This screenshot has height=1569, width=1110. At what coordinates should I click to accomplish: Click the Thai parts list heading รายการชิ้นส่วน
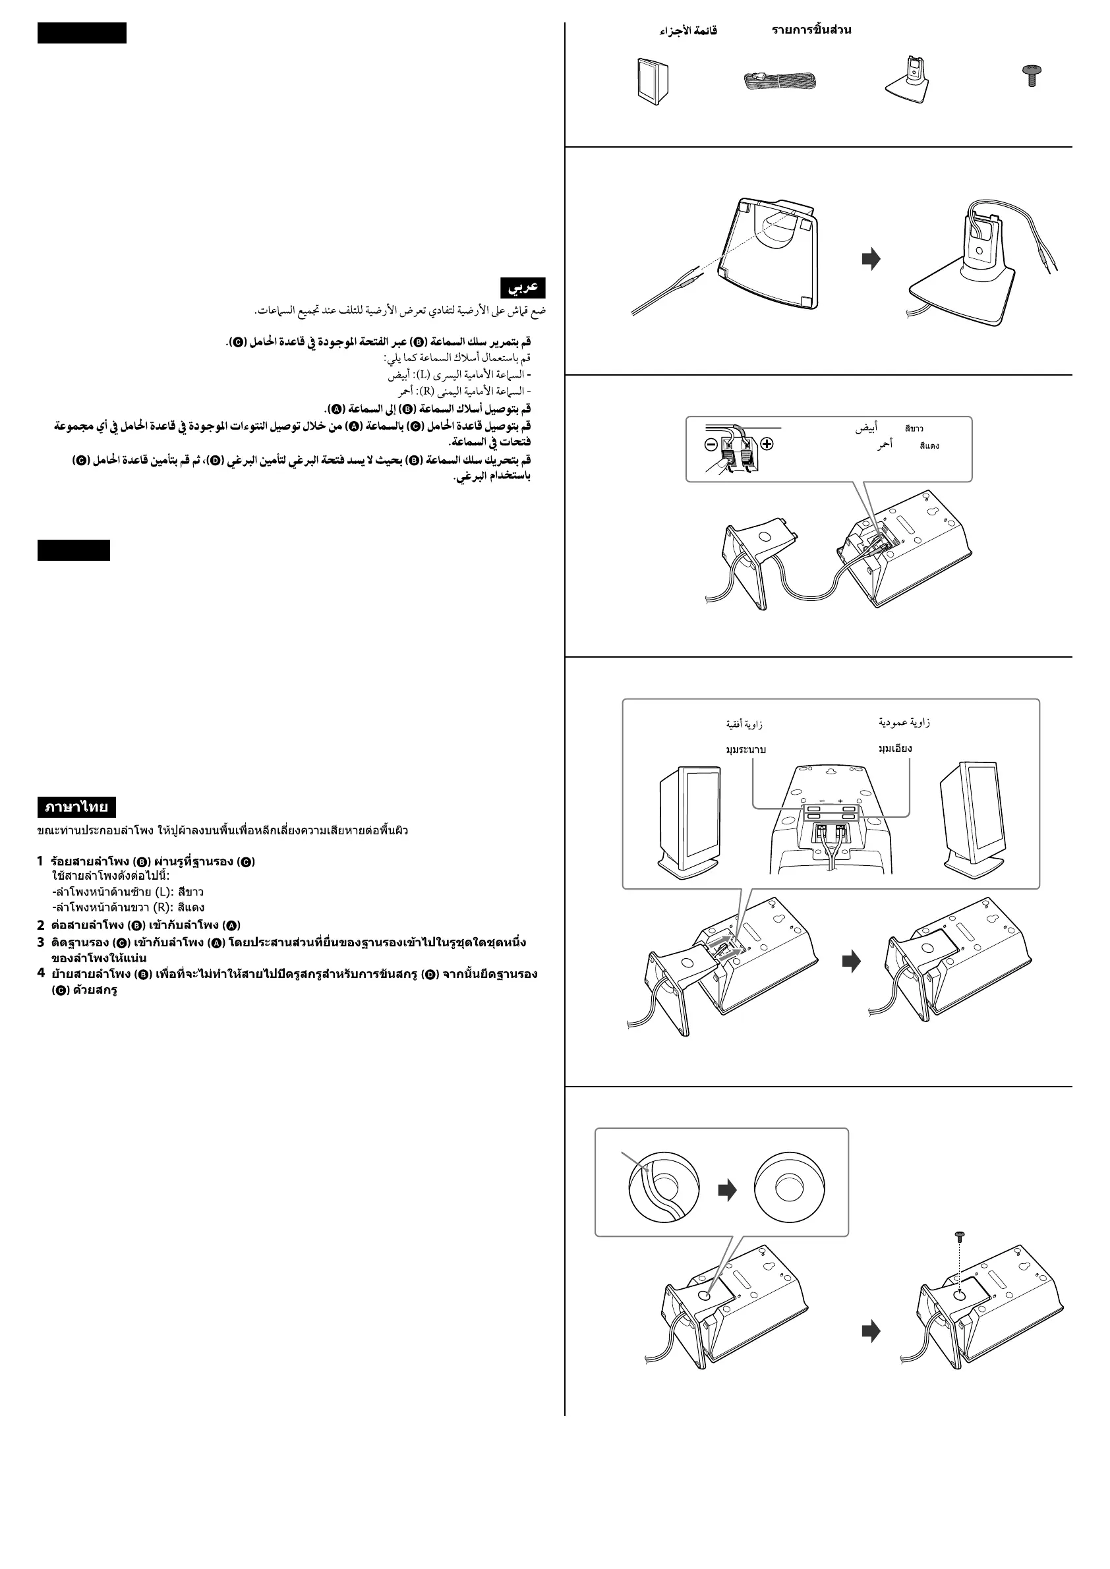[x=811, y=30]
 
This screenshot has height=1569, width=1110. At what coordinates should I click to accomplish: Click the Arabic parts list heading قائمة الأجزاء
[x=687, y=31]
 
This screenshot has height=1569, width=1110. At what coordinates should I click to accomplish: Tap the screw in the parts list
[x=1031, y=74]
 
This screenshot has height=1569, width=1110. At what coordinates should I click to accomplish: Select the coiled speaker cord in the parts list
[x=780, y=82]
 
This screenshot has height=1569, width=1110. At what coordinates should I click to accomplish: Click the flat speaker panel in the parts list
[x=653, y=81]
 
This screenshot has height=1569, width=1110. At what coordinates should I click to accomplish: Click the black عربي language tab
[x=523, y=287]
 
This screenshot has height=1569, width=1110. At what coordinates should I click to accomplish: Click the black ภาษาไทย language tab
[x=76, y=807]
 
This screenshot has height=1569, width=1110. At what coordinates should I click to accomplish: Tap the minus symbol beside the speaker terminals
[x=711, y=444]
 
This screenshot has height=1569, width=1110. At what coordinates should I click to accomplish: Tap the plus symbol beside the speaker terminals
[x=767, y=444]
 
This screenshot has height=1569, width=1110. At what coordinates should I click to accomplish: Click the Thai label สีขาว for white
[x=914, y=428]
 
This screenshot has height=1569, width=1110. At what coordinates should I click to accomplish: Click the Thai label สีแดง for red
[x=929, y=445]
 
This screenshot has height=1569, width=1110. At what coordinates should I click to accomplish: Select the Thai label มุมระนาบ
[x=745, y=750]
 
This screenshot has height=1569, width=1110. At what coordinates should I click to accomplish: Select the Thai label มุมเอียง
[x=894, y=749]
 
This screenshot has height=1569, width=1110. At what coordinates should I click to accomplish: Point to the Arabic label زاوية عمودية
[x=904, y=722]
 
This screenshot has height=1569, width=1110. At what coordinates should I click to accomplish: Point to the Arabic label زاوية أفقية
[x=744, y=724]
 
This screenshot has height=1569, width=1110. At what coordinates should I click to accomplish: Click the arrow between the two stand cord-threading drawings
[x=871, y=259]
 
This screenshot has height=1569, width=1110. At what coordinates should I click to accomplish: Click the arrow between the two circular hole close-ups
[x=727, y=1189]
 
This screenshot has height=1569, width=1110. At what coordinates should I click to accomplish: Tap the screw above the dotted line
[x=959, y=1236]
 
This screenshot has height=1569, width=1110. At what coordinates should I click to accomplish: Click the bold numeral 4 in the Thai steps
[x=41, y=973]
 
